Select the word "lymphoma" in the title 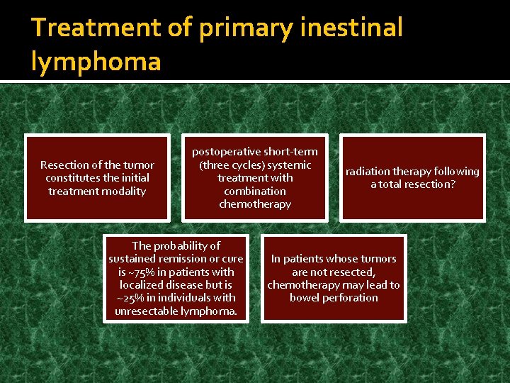pyautogui.click(x=96, y=62)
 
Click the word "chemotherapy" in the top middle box pyautogui.click(x=255, y=204)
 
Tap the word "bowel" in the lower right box pyautogui.click(x=304, y=298)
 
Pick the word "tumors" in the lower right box pyautogui.click(x=379, y=259)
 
